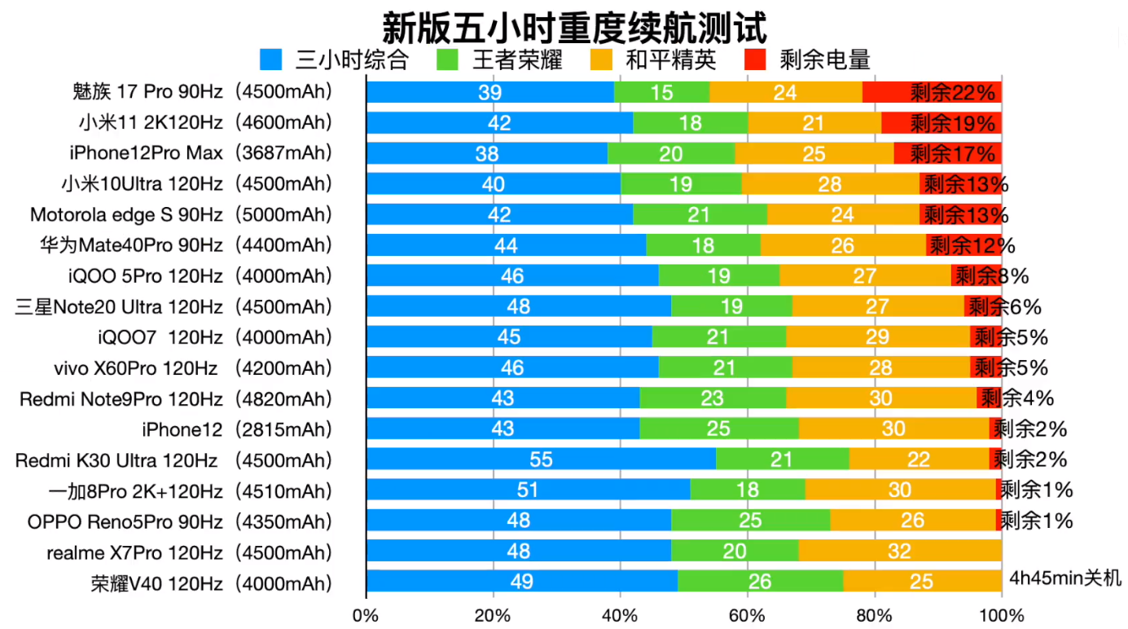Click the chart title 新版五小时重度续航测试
[x=574, y=26]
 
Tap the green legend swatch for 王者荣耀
[x=448, y=59]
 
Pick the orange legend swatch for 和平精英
[x=601, y=59]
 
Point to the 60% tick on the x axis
[x=747, y=615]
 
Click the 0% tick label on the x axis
[x=366, y=615]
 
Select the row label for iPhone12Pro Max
[x=200, y=153]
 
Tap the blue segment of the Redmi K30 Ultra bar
[x=541, y=460]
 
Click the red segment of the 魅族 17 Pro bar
[x=932, y=92]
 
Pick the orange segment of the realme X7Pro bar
[x=899, y=552]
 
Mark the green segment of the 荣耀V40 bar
[x=760, y=582]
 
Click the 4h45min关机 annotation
[x=1065, y=578]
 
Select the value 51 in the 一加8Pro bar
[x=528, y=490]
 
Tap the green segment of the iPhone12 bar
[x=719, y=429]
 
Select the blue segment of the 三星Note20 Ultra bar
[x=518, y=307]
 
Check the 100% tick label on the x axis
[x=1001, y=615]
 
